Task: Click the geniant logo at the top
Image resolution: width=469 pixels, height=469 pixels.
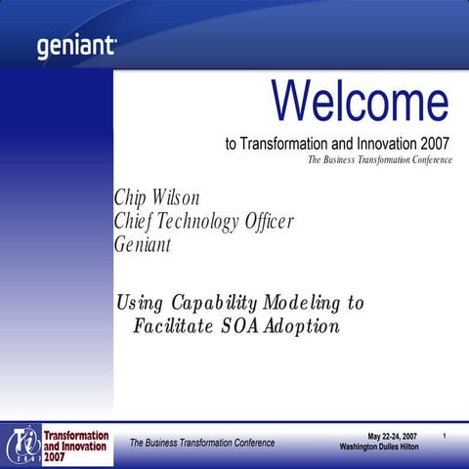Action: click(76, 46)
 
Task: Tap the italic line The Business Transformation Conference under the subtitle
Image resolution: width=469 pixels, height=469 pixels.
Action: click(380, 160)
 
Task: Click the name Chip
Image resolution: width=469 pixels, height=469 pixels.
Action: click(132, 199)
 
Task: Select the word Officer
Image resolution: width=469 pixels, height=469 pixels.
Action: click(268, 222)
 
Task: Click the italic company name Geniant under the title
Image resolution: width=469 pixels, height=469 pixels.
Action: click(143, 244)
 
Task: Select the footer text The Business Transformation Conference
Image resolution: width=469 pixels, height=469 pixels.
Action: click(202, 443)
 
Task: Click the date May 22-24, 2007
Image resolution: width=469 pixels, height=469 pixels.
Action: click(392, 435)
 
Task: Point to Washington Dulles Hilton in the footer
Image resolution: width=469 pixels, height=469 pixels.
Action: click(379, 447)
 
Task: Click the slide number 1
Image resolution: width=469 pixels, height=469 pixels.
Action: click(444, 435)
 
